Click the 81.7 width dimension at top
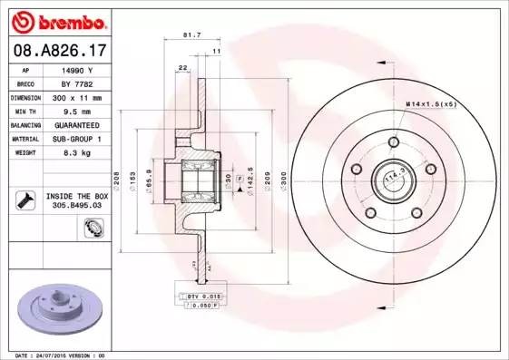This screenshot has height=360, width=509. pyautogui.click(x=192, y=35)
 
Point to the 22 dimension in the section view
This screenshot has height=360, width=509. pyautogui.click(x=182, y=69)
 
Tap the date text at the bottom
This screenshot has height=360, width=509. pyautogui.click(x=55, y=355)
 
